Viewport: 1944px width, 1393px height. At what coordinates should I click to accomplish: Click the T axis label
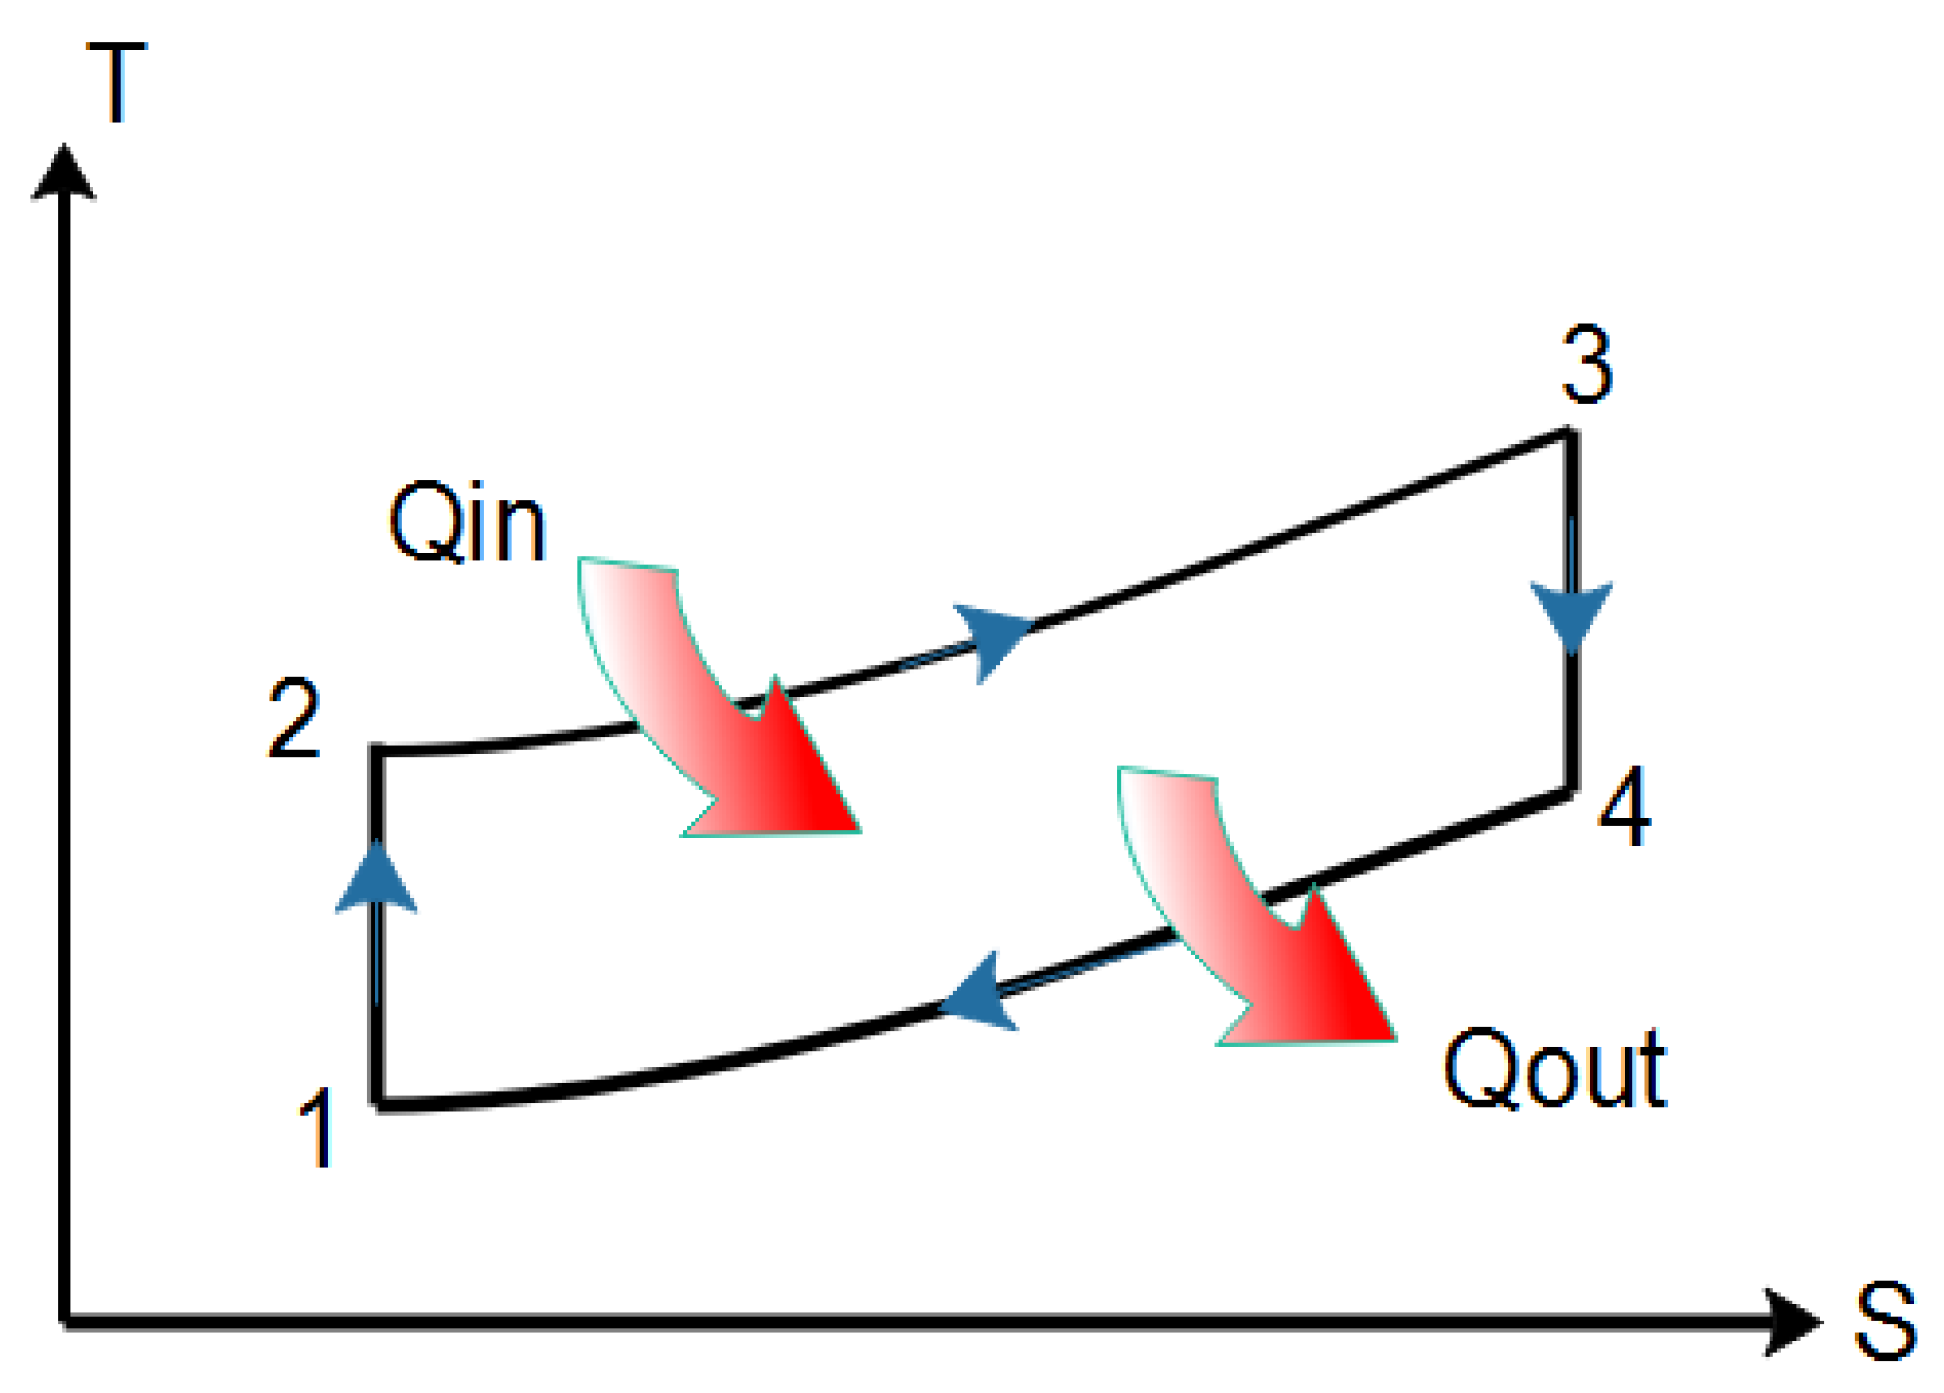coord(116,83)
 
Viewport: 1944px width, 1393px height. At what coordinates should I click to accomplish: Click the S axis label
coord(1885,1322)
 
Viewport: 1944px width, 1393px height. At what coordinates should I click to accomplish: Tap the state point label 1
coord(317,1128)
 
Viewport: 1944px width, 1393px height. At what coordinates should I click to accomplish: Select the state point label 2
coord(293,719)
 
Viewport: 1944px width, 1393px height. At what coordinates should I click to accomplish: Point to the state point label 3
coord(1587,365)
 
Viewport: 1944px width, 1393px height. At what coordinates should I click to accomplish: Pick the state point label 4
coord(1625,807)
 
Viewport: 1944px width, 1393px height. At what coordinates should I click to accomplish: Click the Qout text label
coord(1554,1069)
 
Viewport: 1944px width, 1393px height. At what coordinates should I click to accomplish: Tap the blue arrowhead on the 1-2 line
coord(377,878)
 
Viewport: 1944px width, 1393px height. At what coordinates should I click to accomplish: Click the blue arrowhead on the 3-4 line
coord(1571,615)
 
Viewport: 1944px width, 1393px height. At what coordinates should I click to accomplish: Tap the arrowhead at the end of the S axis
coord(1792,1322)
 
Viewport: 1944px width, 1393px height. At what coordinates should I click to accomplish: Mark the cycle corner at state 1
coord(379,1105)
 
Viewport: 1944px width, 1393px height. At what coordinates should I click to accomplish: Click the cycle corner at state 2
coord(378,751)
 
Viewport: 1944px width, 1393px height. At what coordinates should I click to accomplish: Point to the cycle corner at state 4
coord(1570,793)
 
